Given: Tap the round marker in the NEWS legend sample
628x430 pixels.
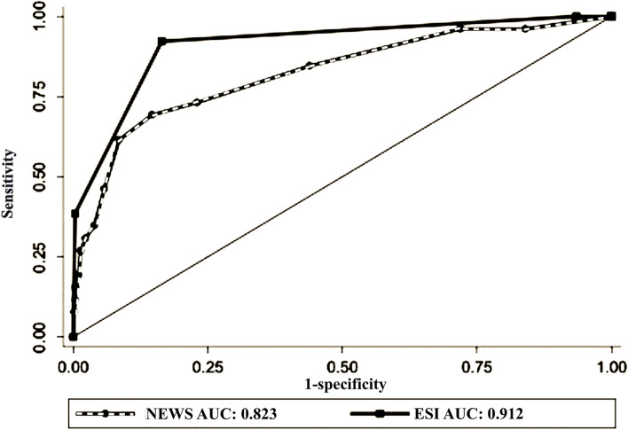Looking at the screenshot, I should click(x=106, y=412).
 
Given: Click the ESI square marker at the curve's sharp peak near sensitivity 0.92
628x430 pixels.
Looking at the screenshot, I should click(x=162, y=42).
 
